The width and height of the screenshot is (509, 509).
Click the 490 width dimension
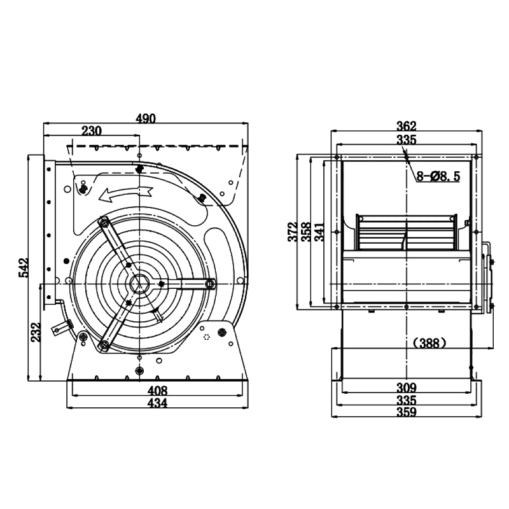pos(146,118)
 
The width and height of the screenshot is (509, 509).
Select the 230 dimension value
pos(92,131)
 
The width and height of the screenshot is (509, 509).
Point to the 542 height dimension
pos(24,267)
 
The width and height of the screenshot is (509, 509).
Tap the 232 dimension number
pos(36,331)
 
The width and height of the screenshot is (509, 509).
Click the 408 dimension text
pos(157,391)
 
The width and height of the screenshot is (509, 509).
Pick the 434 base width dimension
pos(157,403)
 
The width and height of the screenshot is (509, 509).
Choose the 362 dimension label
pos(406,125)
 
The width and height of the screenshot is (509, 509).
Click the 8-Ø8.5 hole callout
pos(438,176)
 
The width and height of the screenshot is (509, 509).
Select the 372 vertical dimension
pos(293,232)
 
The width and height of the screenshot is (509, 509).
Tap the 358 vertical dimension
pos(306,232)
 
